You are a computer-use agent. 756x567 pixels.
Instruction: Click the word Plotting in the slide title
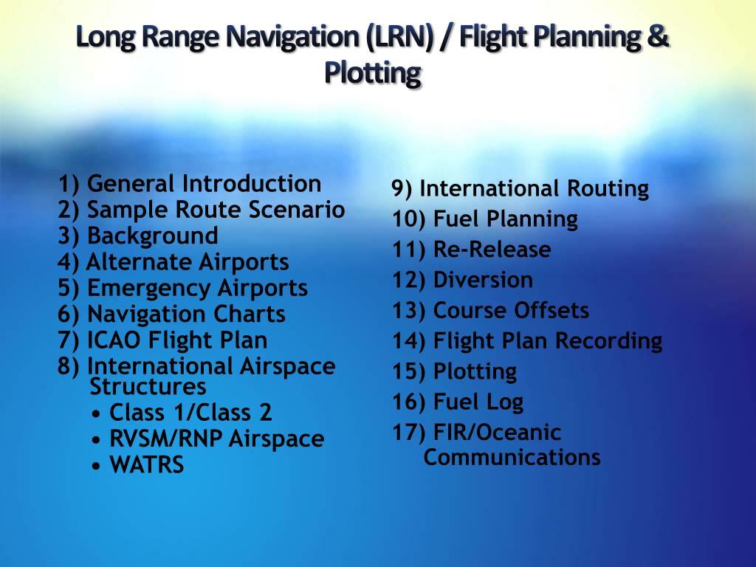(372, 73)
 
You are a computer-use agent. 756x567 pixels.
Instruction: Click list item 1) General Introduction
(190, 184)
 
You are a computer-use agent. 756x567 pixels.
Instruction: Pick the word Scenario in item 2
(296, 210)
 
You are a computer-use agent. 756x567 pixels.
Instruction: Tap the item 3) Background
(138, 236)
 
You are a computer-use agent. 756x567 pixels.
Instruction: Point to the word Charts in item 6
(249, 315)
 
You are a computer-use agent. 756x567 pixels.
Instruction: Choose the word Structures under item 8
(148, 387)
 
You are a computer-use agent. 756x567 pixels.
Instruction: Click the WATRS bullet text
(146, 466)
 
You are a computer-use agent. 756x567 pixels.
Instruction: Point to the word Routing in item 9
(608, 189)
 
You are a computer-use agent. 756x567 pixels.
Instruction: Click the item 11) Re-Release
(471, 250)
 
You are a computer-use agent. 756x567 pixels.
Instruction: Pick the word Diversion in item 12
(483, 281)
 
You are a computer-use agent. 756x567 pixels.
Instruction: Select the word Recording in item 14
(608, 341)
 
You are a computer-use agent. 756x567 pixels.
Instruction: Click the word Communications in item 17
(512, 458)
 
